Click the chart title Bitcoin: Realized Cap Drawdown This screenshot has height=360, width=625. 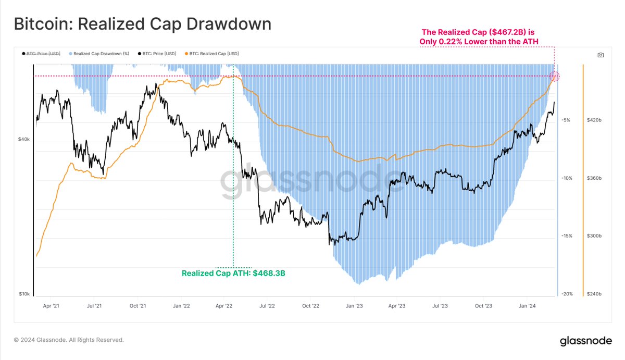[x=142, y=24]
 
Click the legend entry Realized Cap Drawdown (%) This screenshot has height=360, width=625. [x=99, y=54]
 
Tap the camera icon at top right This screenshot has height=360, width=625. [x=601, y=55]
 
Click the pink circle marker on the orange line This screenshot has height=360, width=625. [x=555, y=77]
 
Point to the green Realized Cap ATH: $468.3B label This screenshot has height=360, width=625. [x=233, y=273]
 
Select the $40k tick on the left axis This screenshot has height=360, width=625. [x=23, y=140]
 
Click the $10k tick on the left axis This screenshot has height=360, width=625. [x=23, y=294]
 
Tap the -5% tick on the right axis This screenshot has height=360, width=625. [x=566, y=120]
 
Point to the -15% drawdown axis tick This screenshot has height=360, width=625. [x=567, y=236]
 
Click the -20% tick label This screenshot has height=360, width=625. [x=567, y=294]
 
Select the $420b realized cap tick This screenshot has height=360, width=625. [x=595, y=120]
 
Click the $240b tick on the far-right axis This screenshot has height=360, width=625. [x=595, y=294]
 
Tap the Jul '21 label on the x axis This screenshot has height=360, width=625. [x=94, y=306]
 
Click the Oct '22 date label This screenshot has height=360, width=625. [x=311, y=306]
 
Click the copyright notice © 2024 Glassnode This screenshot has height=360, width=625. [x=69, y=340]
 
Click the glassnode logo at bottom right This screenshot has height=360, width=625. [x=586, y=341]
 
